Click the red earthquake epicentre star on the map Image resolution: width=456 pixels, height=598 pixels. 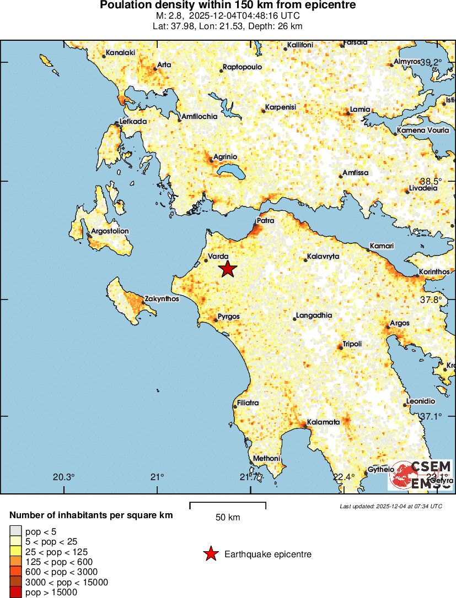(x=228, y=269)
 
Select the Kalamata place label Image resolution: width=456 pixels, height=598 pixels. (x=323, y=422)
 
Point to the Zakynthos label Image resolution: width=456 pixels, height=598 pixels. (x=162, y=300)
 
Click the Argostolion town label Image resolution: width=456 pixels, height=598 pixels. (x=110, y=231)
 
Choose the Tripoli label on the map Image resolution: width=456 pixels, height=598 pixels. (x=352, y=344)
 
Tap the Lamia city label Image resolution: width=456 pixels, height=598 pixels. (x=360, y=110)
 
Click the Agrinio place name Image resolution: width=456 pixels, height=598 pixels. (x=226, y=156)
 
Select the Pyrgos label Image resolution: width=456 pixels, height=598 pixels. (x=229, y=317)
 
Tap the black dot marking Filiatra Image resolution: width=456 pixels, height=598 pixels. (x=235, y=407)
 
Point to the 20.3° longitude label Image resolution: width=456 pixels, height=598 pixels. (x=64, y=477)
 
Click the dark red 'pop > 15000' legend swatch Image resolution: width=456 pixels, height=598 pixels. (x=15, y=592)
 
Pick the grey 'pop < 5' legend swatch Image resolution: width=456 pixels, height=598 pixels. (x=15, y=531)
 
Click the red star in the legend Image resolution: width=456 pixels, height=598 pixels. (x=211, y=554)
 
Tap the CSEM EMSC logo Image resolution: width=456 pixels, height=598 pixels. (x=420, y=475)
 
